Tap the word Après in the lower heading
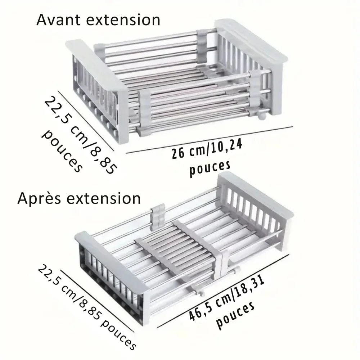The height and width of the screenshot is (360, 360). [x=40, y=198]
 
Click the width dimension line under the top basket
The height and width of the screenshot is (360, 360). [x=209, y=140]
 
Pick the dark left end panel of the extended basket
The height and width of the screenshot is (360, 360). [x=108, y=274]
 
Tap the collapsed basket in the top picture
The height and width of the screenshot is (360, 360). [x=176, y=83]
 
